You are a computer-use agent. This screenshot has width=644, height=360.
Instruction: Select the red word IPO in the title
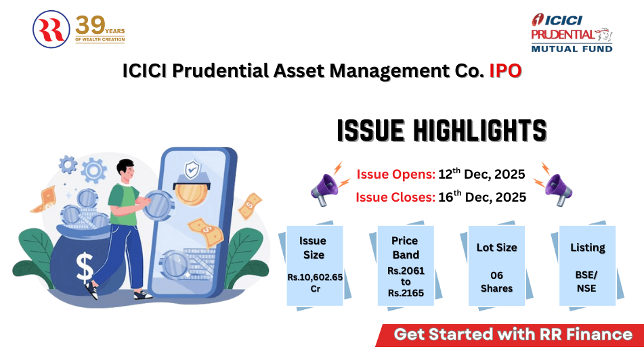tap(505, 71)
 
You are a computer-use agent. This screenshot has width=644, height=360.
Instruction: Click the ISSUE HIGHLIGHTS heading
tap(441, 130)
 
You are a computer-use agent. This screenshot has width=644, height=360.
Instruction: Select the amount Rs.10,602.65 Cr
tap(314, 282)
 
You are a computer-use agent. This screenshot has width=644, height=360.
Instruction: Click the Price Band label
tap(405, 248)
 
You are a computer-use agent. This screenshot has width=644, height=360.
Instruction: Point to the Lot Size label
tap(496, 248)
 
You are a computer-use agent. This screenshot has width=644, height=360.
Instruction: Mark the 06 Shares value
tap(496, 282)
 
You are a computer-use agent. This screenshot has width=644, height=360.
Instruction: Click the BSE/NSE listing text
tap(587, 282)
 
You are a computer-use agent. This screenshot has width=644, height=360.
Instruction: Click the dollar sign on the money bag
tap(85, 265)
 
